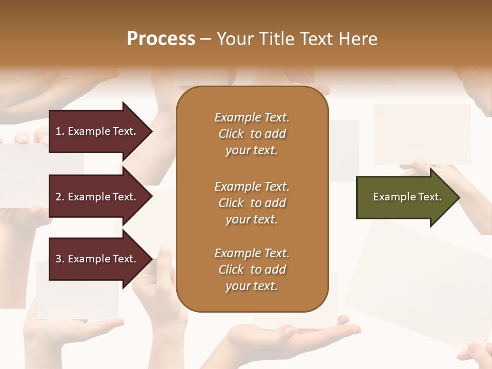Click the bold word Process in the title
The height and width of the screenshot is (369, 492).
click(x=161, y=39)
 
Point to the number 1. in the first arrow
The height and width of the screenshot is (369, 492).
click(x=59, y=131)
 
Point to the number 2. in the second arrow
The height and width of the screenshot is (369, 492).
click(x=59, y=197)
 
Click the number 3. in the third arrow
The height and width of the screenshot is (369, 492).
click(x=59, y=259)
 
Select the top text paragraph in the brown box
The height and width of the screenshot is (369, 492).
click(x=252, y=134)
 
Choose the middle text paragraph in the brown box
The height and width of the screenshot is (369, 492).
click(x=252, y=202)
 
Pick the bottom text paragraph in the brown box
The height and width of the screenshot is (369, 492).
click(x=252, y=270)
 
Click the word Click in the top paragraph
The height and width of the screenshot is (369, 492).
click(x=231, y=134)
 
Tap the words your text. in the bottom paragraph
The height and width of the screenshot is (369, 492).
click(x=252, y=286)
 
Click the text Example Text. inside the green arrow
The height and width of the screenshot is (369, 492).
click(x=407, y=197)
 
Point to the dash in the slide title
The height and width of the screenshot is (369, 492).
click(x=206, y=39)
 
